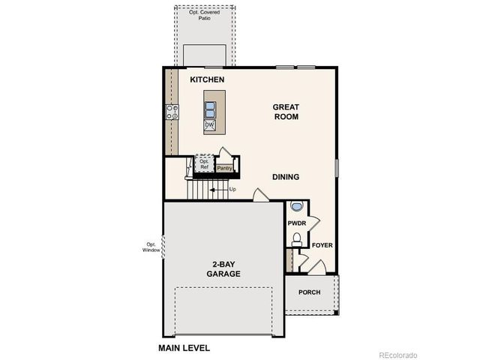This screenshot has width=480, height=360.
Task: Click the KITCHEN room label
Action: click(208, 79)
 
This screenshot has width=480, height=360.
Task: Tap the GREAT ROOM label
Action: click(286, 112)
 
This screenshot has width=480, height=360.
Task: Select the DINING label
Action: click(286, 177)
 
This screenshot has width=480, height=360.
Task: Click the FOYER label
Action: click(322, 245)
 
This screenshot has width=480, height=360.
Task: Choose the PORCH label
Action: click(310, 292)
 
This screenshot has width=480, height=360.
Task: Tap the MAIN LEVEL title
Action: click(184, 348)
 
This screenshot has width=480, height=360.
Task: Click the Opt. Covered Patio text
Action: click(205, 14)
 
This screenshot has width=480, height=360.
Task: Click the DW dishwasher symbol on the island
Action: click(210, 125)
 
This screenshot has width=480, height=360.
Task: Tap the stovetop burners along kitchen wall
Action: click(172, 112)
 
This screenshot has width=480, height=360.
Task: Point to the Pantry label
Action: click(224, 168)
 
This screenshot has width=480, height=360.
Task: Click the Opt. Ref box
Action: click(204, 164)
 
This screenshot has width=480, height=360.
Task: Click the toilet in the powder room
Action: click(296, 239)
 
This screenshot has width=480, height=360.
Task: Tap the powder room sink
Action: click(296, 206)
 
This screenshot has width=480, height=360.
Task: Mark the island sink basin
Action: click(210, 109)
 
